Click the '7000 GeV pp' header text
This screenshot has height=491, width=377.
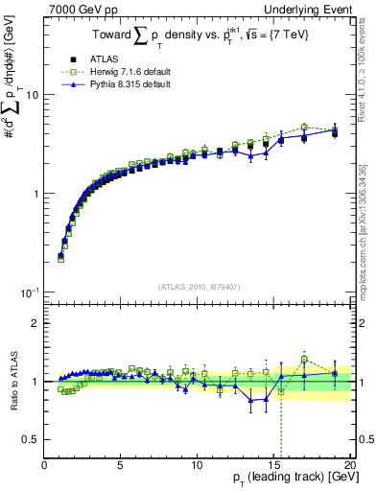pos(76,9)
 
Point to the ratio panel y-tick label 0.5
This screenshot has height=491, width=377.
pos(31,439)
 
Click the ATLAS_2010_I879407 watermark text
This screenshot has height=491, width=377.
pos(198,286)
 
